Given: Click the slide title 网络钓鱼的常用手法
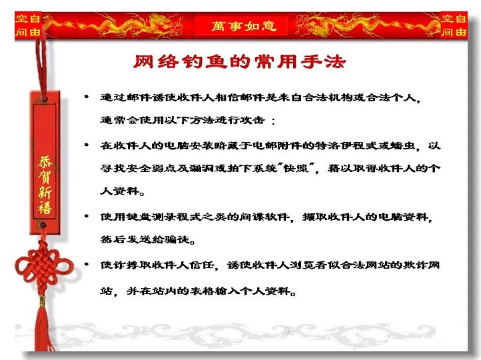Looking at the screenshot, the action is pyautogui.click(x=240, y=61).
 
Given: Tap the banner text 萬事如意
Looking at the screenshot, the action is pyautogui.click(x=244, y=26).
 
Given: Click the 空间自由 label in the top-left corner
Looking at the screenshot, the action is pyautogui.click(x=28, y=25).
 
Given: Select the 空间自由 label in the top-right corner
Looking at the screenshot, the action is pyautogui.click(x=454, y=25).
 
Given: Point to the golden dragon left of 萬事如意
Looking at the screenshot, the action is pyautogui.click(x=117, y=26).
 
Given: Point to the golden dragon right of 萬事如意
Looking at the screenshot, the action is pyautogui.click(x=365, y=26).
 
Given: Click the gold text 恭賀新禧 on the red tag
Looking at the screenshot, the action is pyautogui.click(x=45, y=185).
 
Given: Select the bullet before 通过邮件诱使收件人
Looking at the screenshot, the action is pyautogui.click(x=87, y=97).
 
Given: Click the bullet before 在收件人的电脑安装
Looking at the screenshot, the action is pyautogui.click(x=87, y=145).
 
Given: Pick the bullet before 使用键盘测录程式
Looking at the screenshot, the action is pyautogui.click(x=87, y=217).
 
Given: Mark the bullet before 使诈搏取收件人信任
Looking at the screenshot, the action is pyautogui.click(x=87, y=264).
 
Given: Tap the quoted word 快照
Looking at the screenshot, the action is pyautogui.click(x=296, y=168).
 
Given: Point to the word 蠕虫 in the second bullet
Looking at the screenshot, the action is pyautogui.click(x=403, y=145).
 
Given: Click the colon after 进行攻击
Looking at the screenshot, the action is pyautogui.click(x=273, y=121).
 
